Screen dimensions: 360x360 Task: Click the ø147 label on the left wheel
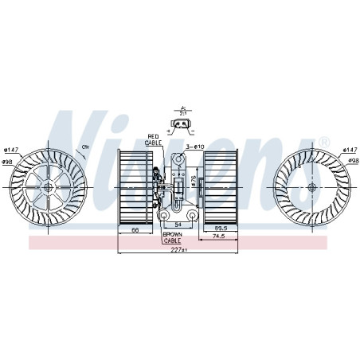10,150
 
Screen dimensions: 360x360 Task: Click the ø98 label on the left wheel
10,162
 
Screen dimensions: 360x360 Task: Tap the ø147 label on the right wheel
349,150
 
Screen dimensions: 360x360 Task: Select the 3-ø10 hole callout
195,147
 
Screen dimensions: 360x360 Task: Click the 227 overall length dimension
180,251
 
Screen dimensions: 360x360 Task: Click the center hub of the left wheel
49,187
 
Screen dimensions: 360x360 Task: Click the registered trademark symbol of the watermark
324,142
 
